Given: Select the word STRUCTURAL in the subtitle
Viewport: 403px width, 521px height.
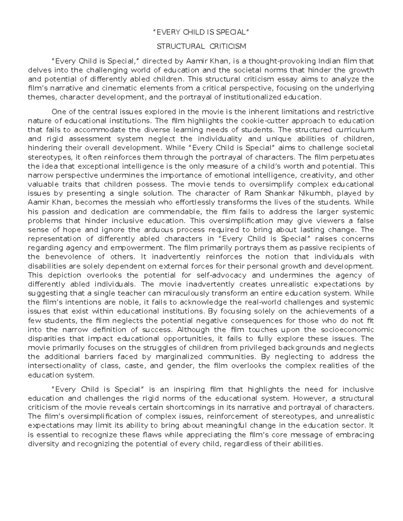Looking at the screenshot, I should [x=181, y=46].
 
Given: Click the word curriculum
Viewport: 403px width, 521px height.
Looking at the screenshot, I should [x=355, y=130].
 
